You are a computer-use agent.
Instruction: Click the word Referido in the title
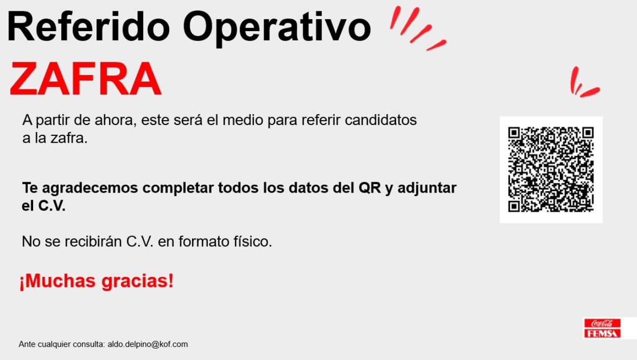click(x=88, y=27)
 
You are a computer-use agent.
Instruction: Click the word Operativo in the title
click(x=277, y=29)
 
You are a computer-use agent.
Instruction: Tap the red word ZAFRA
click(x=85, y=79)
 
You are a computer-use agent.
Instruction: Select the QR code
click(x=551, y=169)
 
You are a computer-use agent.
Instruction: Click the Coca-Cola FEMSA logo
click(x=602, y=328)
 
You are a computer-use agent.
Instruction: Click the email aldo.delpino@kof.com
click(x=148, y=344)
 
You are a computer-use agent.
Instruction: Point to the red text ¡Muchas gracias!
click(x=96, y=281)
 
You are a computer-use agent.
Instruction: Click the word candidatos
click(x=381, y=120)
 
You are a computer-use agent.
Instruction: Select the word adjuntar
click(x=427, y=189)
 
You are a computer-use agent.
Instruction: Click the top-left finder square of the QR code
click(x=514, y=133)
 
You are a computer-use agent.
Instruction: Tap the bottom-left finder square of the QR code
click(x=514, y=206)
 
